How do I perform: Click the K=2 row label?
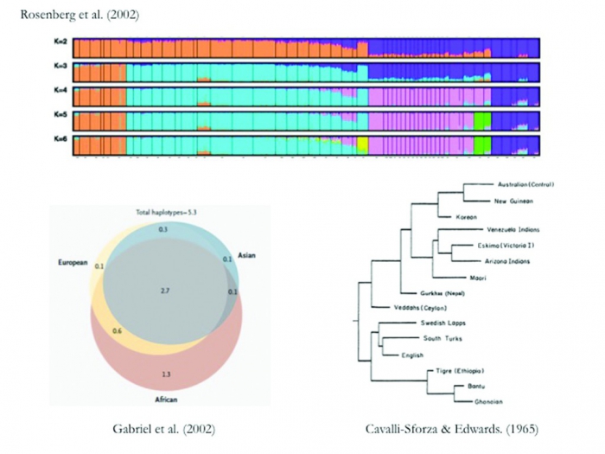tap(61, 44)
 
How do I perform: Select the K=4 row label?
tap(61, 93)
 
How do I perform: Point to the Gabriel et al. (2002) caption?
tap(163, 428)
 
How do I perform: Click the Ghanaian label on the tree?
tap(484, 400)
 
